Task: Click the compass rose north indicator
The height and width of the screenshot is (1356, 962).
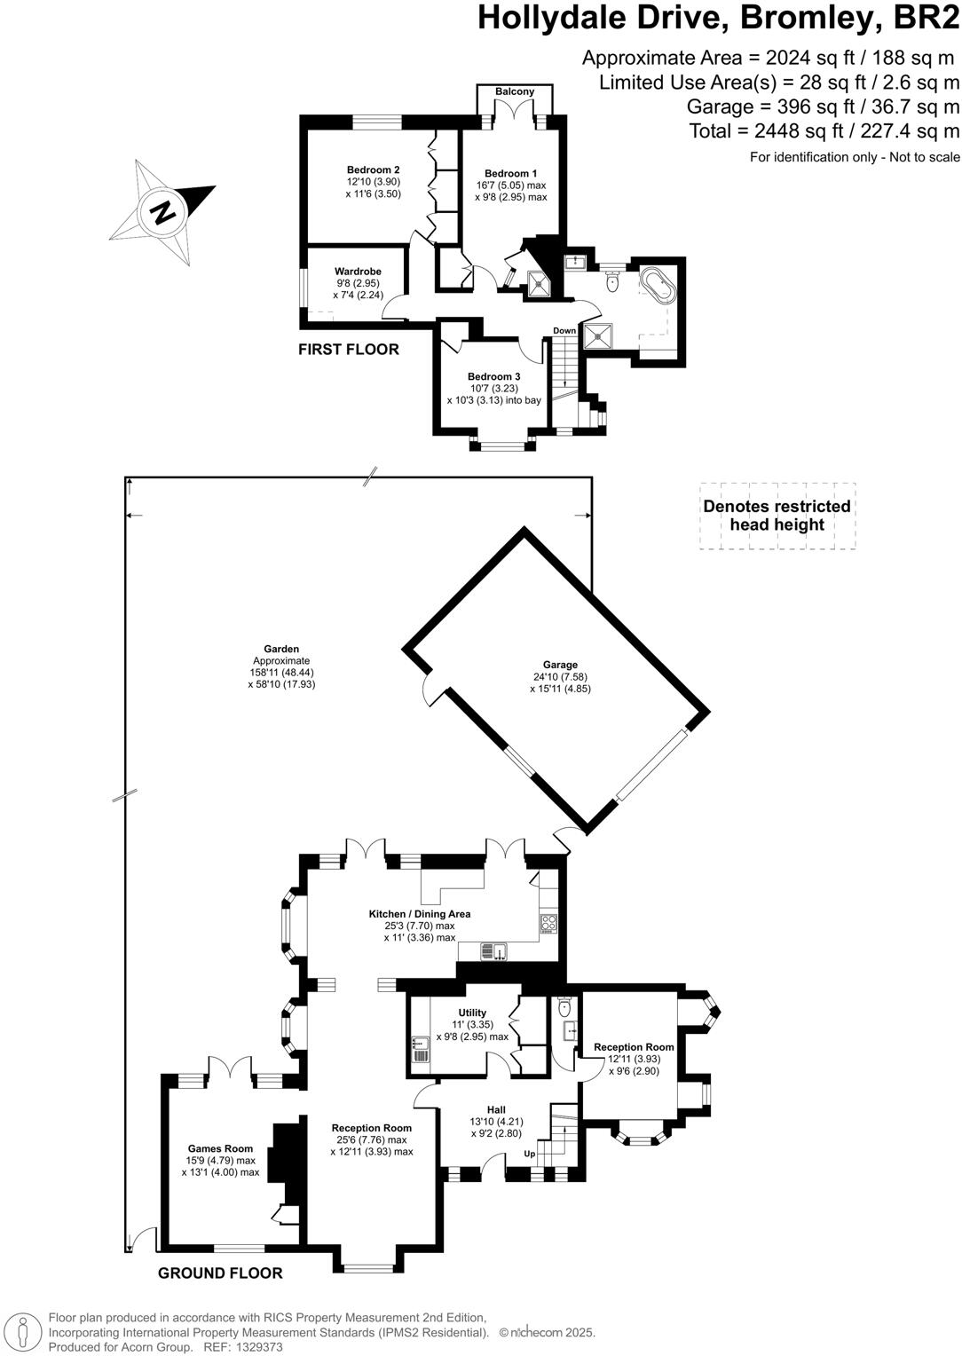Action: (x=162, y=212)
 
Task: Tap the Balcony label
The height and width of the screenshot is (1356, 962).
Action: (x=515, y=91)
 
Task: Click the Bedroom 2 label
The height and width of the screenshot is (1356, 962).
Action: (x=373, y=169)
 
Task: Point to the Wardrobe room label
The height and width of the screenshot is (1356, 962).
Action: (x=358, y=272)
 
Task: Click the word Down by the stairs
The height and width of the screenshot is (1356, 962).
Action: (x=564, y=330)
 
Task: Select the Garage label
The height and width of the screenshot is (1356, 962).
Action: (x=560, y=665)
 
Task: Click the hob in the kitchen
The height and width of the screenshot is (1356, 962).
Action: (x=548, y=923)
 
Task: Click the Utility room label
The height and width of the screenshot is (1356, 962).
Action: (x=472, y=1013)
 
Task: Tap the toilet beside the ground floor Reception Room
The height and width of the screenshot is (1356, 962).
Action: (x=564, y=1008)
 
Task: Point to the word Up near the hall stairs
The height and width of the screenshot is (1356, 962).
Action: (x=529, y=1154)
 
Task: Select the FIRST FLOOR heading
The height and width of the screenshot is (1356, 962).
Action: (x=348, y=349)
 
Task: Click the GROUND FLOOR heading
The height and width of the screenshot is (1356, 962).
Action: (x=220, y=1273)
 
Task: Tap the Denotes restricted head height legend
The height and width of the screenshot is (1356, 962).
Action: (x=777, y=516)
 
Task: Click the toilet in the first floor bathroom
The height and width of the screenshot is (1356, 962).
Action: (x=612, y=283)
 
